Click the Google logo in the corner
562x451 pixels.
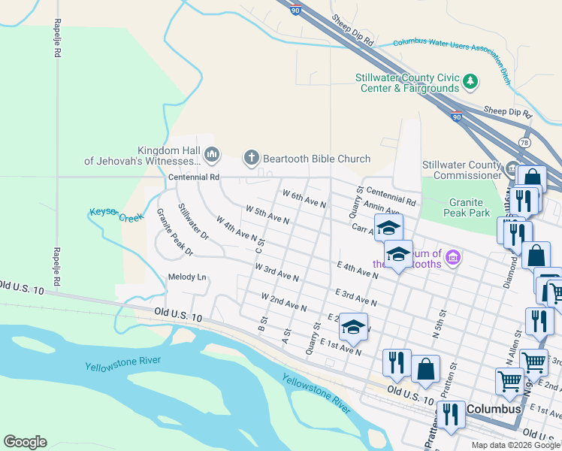[x=26, y=442]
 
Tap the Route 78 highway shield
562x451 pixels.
[x=524, y=142]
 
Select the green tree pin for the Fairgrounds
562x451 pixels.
[x=470, y=80]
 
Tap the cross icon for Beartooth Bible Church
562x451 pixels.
[x=251, y=158]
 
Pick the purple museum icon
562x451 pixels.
[x=452, y=258]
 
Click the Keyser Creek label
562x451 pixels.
[x=116, y=214]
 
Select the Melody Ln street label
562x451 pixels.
[x=187, y=277]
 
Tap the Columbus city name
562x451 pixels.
[x=494, y=410]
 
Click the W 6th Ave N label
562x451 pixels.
[x=304, y=199]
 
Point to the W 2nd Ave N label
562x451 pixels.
[x=284, y=302]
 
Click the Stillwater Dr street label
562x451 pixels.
[x=192, y=221]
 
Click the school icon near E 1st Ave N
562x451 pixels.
[x=353, y=327]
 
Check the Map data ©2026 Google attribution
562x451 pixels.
[x=515, y=445]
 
